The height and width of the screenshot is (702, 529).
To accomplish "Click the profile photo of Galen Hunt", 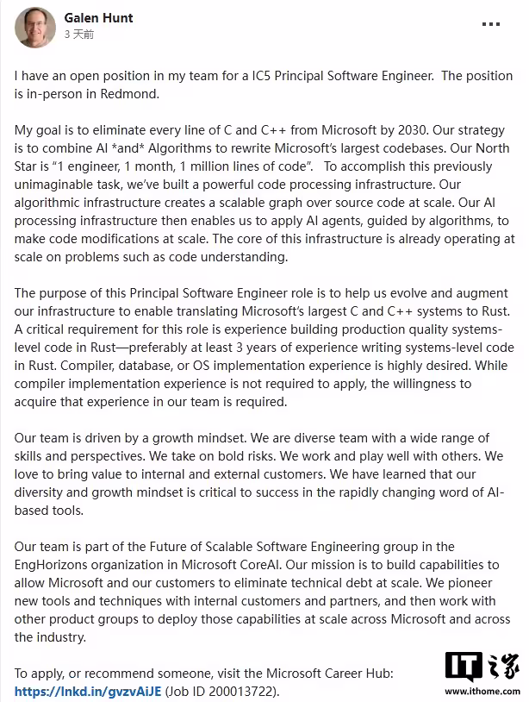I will (x=34, y=27).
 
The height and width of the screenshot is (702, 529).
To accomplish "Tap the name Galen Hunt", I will (x=99, y=17).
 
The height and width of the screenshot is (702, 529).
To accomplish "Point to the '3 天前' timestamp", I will (x=78, y=34).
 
